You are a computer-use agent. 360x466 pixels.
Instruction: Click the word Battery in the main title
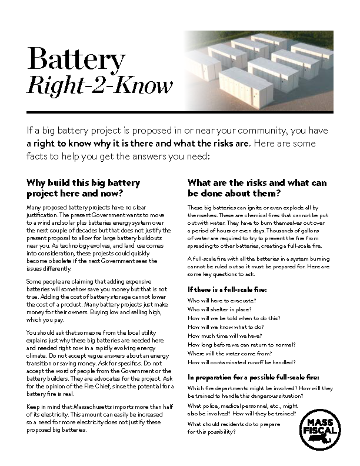pyautogui.click(x=76, y=60)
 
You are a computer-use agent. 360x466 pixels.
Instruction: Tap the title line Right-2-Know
pyautogui.click(x=100, y=86)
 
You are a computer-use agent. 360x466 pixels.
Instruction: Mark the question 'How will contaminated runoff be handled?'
pyautogui.click(x=241, y=362)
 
